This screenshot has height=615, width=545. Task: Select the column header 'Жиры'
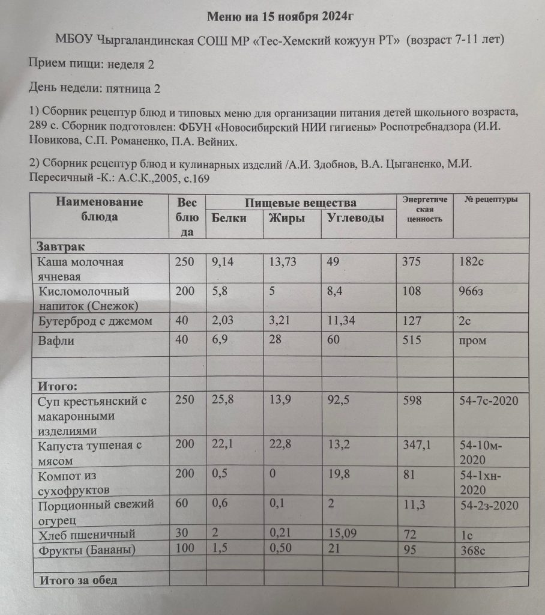tap(287, 218)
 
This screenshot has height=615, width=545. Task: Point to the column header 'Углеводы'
tap(355, 218)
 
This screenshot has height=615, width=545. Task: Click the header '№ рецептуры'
tap(491, 199)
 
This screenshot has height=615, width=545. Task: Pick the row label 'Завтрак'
tap(61, 247)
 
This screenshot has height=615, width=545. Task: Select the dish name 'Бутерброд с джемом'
tap(95, 321)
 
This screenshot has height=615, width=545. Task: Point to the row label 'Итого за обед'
tap(78, 580)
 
